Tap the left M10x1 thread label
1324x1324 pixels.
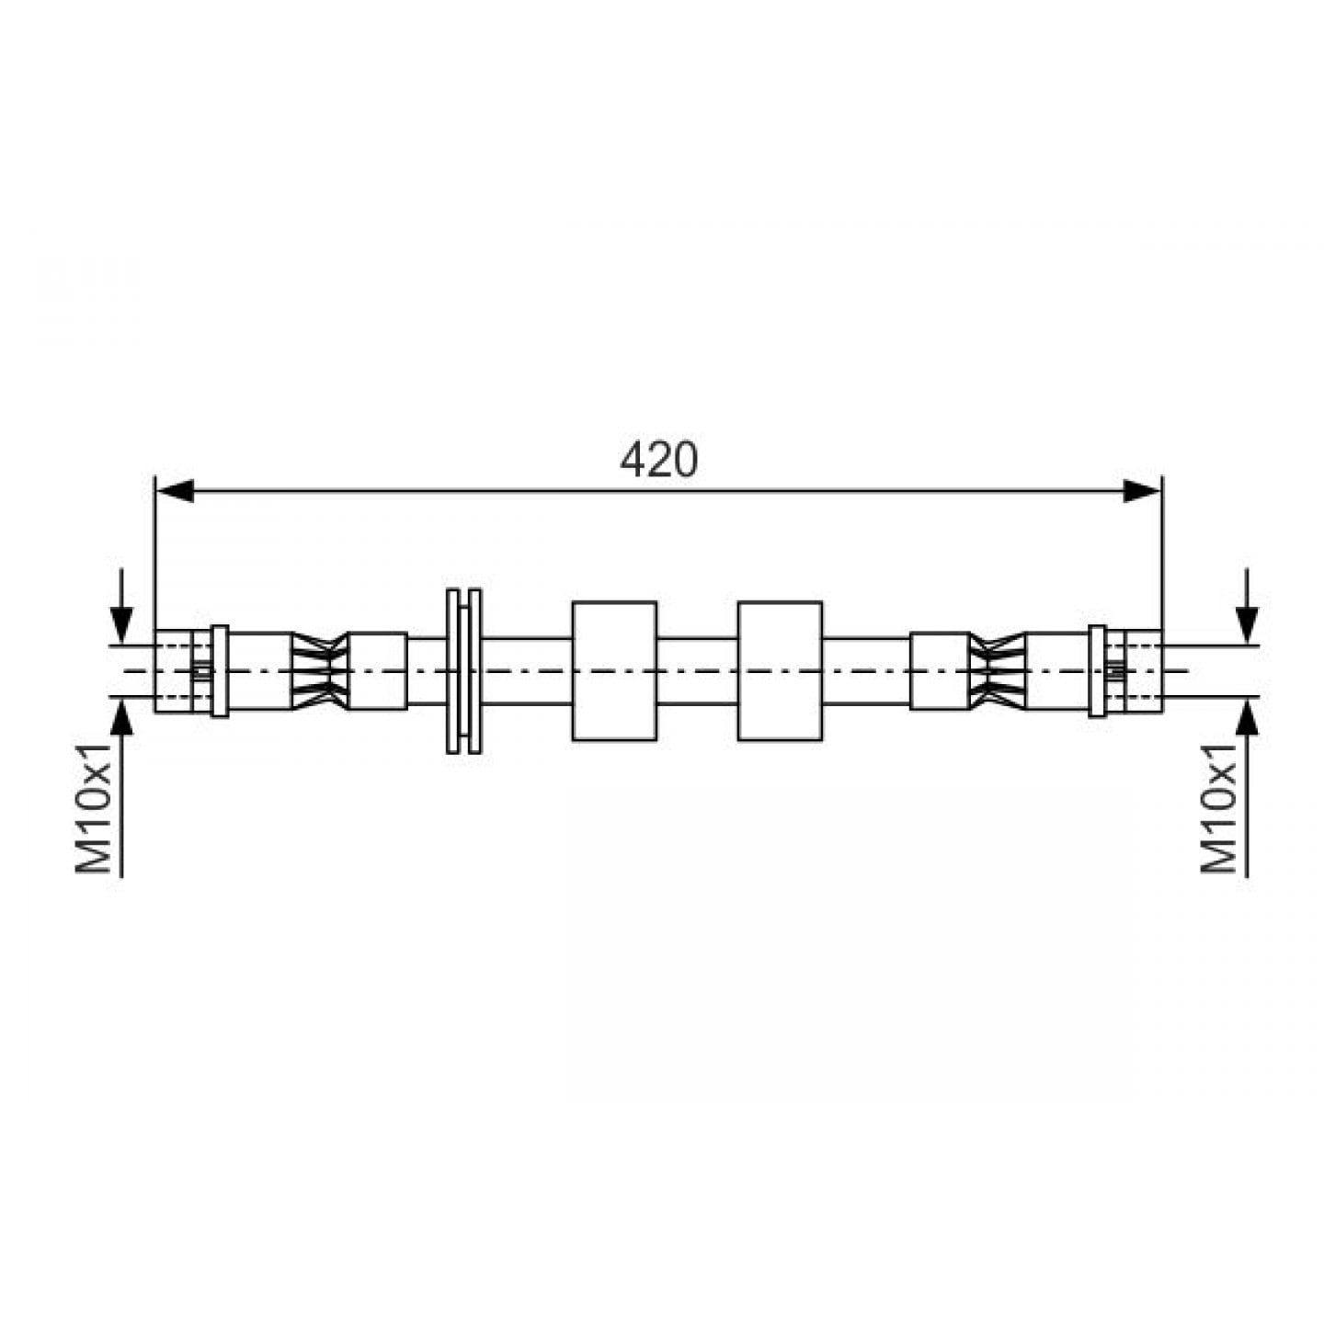(x=94, y=808)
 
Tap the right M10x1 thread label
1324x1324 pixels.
(x=1219, y=808)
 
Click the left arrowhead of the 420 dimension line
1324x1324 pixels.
(x=175, y=491)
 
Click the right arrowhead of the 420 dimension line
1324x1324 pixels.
(x=1142, y=491)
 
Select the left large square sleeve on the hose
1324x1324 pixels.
(x=614, y=671)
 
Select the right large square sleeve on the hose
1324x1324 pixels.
(x=780, y=671)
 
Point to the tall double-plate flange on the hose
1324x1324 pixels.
(x=463, y=671)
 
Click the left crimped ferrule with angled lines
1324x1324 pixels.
(x=320, y=671)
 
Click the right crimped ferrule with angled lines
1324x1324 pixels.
(x=997, y=671)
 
